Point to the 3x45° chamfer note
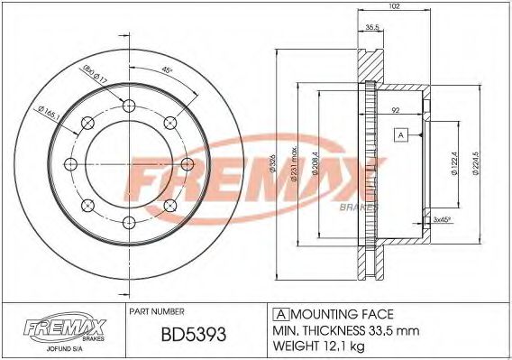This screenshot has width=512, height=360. (442, 219)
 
